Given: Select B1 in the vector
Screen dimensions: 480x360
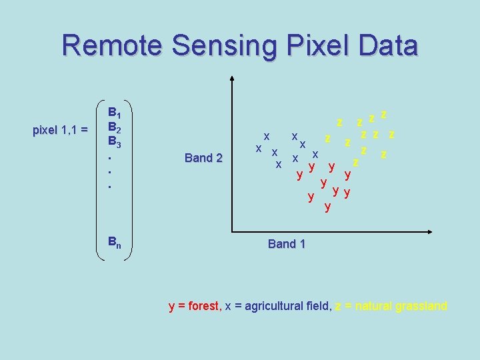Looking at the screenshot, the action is (x=115, y=112).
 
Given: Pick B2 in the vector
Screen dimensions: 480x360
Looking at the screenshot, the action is (x=115, y=127).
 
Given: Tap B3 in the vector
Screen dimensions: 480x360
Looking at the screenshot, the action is (x=115, y=142).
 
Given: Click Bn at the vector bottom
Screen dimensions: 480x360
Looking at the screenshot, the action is (x=115, y=241).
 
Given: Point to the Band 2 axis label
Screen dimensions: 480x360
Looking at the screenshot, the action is (x=203, y=158).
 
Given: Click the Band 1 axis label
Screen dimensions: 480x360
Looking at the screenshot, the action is (x=286, y=244).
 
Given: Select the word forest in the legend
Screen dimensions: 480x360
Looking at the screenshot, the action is (x=203, y=306).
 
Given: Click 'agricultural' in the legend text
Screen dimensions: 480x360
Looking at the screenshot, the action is (x=272, y=306).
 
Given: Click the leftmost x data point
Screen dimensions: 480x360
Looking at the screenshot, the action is (x=258, y=147).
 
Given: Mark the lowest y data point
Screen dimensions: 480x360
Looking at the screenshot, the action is (x=327, y=207).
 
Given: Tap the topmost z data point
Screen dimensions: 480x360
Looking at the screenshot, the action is (x=384, y=113).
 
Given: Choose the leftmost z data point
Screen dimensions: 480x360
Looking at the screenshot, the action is (x=327, y=138).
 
